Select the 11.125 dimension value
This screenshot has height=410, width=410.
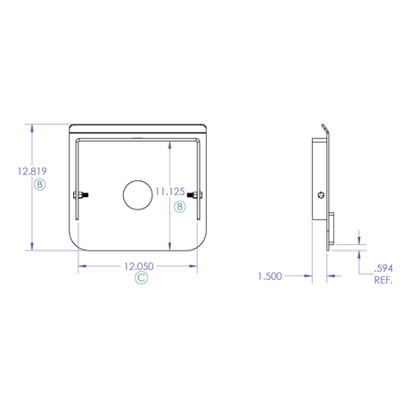click(x=169, y=191)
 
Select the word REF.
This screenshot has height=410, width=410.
click(x=384, y=280)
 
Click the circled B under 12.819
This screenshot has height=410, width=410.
click(x=39, y=184)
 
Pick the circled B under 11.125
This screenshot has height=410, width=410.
click(x=179, y=206)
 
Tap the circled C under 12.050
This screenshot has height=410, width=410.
click(x=141, y=279)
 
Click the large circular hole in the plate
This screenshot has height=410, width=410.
click(x=137, y=197)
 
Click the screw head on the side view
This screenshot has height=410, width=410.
click(x=322, y=195)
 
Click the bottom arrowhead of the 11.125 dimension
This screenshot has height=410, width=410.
click(x=169, y=250)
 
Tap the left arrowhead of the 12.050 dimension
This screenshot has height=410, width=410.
click(x=80, y=266)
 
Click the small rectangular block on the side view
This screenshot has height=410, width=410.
click(x=331, y=229)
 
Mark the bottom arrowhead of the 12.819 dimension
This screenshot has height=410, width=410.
click(x=33, y=250)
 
